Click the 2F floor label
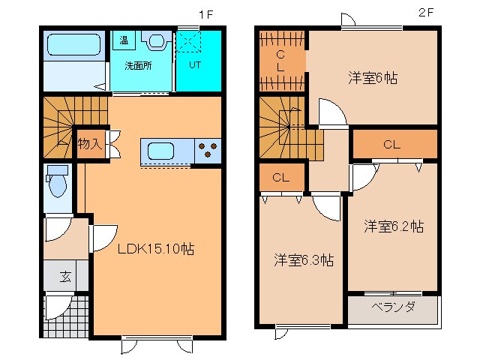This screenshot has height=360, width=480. (426, 14)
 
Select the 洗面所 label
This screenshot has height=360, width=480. (138, 65)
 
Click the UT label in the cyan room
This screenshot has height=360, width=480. (194, 65)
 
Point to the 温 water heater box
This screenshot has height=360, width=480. (121, 40)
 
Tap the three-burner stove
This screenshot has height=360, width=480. (207, 151)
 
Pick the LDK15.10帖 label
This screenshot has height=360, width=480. (155, 250)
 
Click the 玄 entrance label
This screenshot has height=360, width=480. (65, 276)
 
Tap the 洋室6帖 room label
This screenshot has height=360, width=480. (372, 77)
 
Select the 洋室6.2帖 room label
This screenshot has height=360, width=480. (393, 226)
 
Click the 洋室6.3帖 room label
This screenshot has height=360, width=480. (303, 261)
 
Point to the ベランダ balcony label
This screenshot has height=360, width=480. (393, 307)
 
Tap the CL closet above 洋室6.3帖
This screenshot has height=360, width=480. (281, 178)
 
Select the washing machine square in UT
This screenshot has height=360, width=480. (188, 43)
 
